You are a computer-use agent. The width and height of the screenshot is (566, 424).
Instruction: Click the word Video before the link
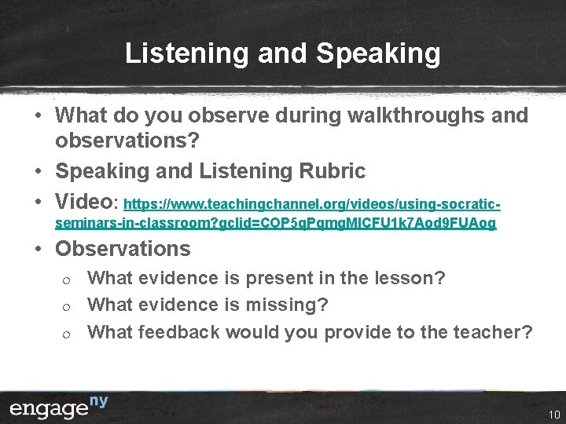85,201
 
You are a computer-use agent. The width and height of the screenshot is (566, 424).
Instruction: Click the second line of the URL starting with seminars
276,224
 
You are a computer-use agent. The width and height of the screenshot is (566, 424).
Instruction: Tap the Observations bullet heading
123,249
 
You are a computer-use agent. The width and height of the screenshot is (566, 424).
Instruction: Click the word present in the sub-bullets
271,278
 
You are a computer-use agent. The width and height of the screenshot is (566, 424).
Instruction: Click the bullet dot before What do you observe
39,116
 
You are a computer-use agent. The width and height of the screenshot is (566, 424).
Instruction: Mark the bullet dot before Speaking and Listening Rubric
39,171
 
